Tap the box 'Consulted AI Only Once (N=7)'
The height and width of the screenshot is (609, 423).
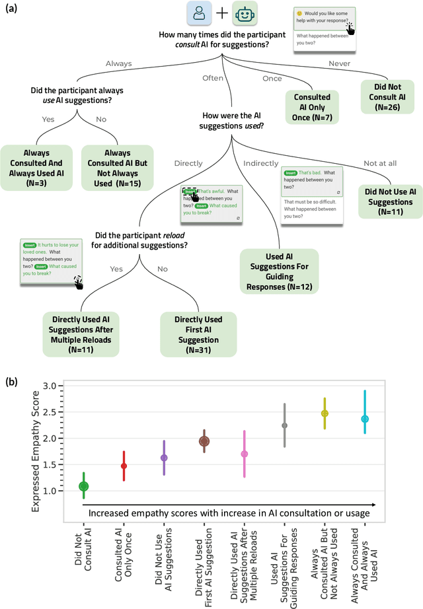point(312,106)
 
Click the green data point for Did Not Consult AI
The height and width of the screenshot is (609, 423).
point(83,486)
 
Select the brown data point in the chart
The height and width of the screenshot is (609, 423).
point(204,441)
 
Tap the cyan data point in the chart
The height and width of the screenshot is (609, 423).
point(365,419)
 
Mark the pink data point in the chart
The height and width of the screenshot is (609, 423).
point(245,454)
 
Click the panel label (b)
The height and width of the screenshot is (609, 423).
point(12,382)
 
